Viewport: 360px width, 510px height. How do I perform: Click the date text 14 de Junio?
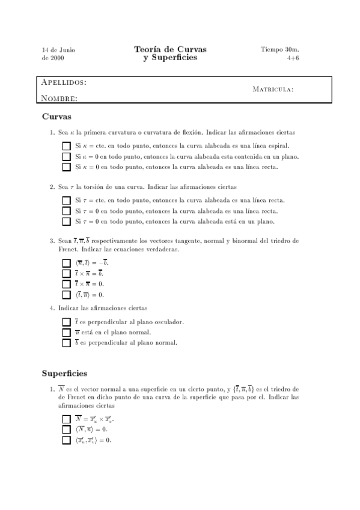pyautogui.click(x=58, y=49)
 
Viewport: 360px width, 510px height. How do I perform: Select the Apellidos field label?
pyautogui.click(x=64, y=82)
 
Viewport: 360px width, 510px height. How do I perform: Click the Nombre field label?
pyautogui.click(x=59, y=98)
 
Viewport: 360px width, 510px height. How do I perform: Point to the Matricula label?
pyautogui.click(x=273, y=90)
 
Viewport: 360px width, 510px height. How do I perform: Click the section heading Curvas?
pyautogui.click(x=57, y=117)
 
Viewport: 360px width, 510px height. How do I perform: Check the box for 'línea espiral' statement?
pyautogui.click(x=66, y=146)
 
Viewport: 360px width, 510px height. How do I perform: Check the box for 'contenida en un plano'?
pyautogui.click(x=66, y=156)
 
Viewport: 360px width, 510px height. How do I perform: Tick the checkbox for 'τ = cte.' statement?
pyautogui.click(x=66, y=200)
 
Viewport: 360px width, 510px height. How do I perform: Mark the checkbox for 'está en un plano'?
pyautogui.click(x=66, y=222)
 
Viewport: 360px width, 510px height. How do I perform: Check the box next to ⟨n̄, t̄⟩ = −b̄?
pyautogui.click(x=66, y=263)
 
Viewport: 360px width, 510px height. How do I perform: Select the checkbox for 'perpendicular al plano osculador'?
pyautogui.click(x=66, y=322)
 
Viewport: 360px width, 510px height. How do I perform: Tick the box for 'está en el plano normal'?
pyautogui.click(x=66, y=332)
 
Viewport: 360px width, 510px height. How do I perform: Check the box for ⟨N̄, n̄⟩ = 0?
pyautogui.click(x=66, y=429)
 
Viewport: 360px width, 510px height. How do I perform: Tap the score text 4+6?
pyautogui.click(x=293, y=58)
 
